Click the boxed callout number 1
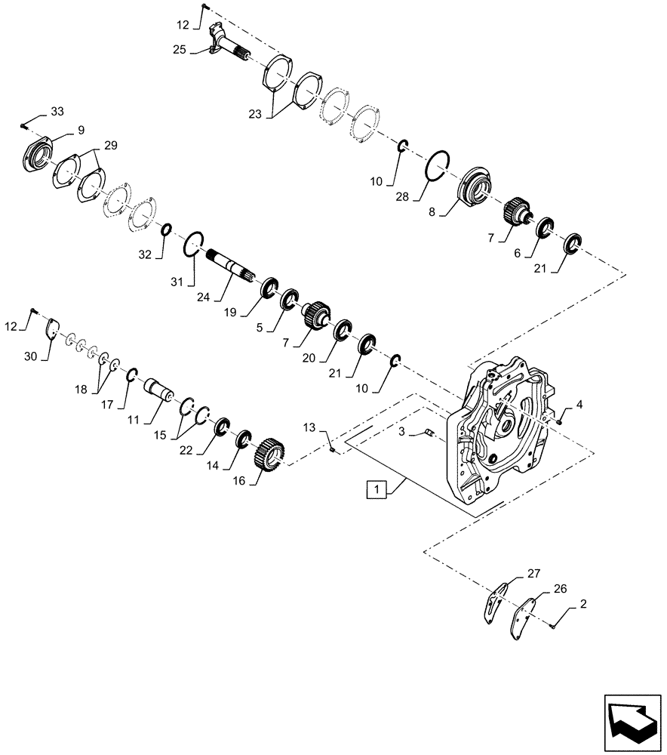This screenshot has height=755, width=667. [x=376, y=491]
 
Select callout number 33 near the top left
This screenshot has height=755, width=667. [x=57, y=112]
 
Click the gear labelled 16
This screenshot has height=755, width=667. [x=269, y=458]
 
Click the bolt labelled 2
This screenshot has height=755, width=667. [x=552, y=625]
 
